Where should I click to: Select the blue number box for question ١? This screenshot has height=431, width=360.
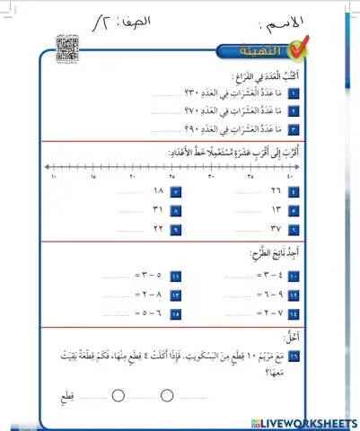tap(293, 93)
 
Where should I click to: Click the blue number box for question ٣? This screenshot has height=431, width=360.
tap(293, 128)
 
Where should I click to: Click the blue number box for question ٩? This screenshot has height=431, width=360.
tap(176, 228)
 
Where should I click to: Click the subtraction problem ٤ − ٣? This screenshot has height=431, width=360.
tap(263, 277)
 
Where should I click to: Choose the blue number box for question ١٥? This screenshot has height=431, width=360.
tap(176, 312)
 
